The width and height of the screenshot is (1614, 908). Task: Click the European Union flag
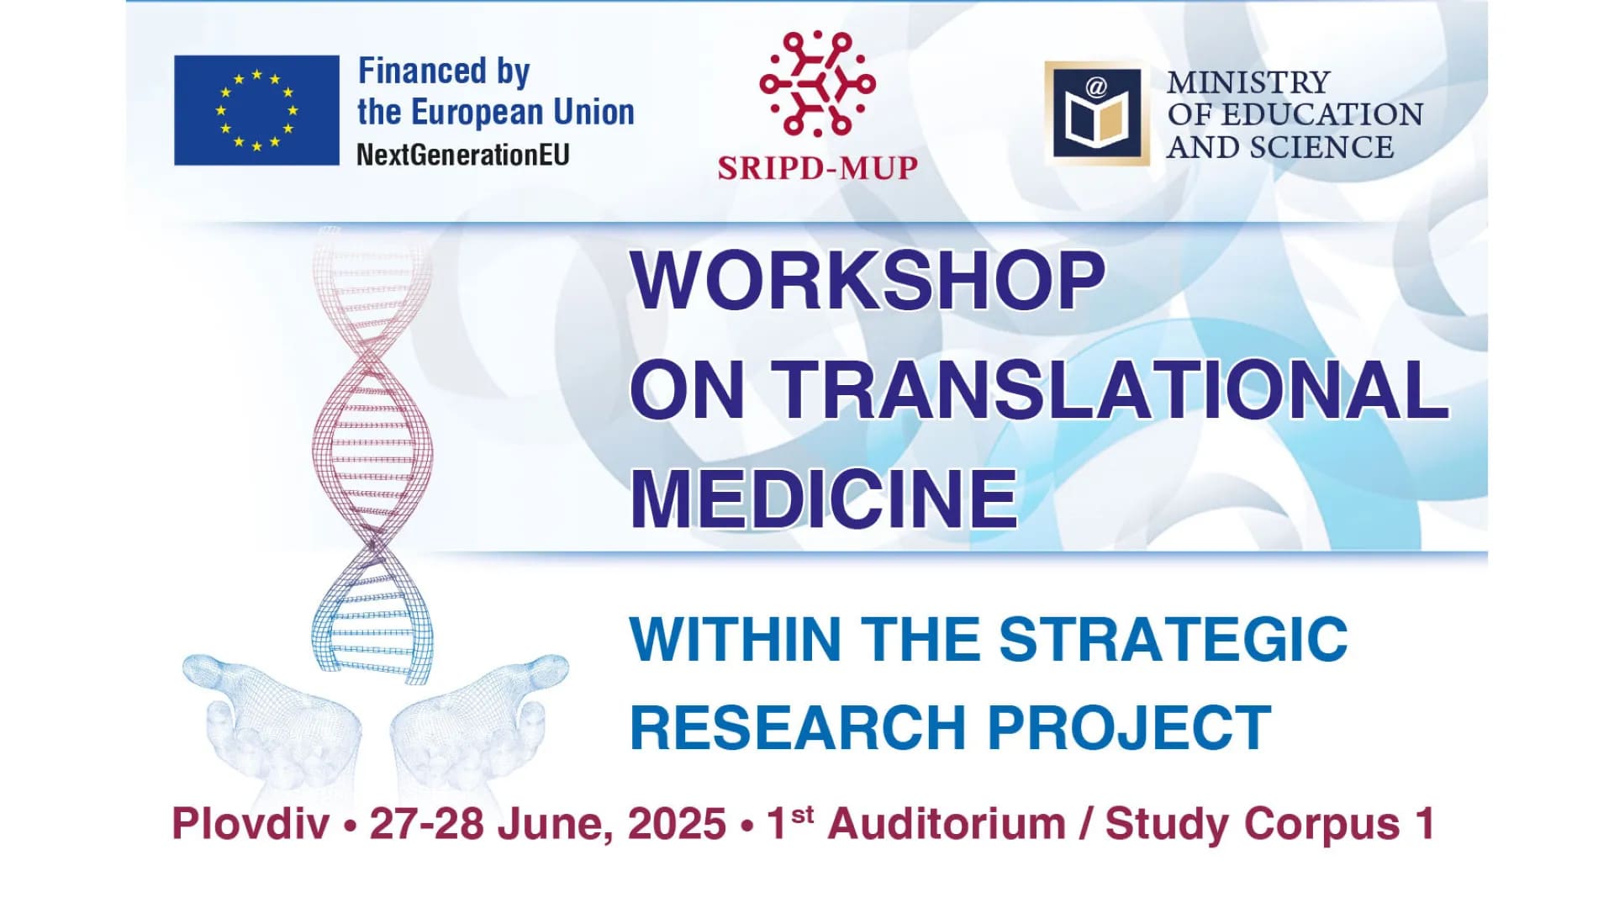click(256, 110)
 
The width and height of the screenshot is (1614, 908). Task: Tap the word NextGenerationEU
click(463, 155)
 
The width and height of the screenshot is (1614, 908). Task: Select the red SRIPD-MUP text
click(817, 167)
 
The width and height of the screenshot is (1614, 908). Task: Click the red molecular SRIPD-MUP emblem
click(817, 83)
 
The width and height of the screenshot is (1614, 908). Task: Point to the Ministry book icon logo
click(1097, 113)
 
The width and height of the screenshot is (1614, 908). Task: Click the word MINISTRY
click(1248, 82)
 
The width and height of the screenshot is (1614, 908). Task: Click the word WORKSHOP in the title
click(868, 280)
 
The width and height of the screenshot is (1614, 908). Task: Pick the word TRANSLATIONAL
click(1110, 388)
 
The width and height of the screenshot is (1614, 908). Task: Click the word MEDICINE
click(824, 498)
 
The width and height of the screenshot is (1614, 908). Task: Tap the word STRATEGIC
click(1174, 639)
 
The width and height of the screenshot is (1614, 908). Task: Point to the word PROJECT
click(1129, 727)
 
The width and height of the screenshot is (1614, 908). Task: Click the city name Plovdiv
click(251, 824)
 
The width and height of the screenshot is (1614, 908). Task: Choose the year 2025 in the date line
click(677, 824)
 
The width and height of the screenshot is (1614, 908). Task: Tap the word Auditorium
click(947, 824)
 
